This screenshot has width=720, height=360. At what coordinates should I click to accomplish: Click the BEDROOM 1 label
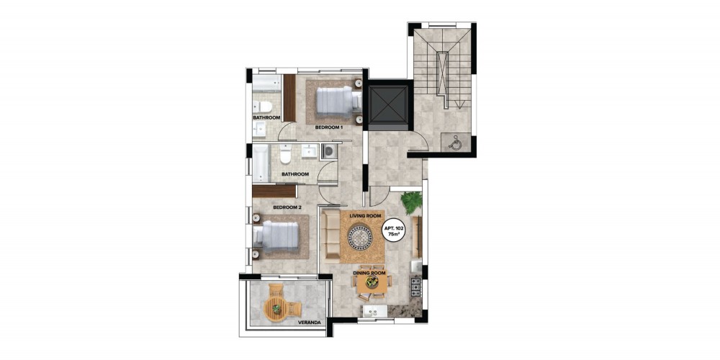tap(329, 127)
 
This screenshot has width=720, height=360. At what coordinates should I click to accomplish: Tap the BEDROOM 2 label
tap(287, 207)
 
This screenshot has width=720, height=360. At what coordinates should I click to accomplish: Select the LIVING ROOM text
tap(366, 215)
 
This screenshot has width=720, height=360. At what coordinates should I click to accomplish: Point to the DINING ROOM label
tap(369, 273)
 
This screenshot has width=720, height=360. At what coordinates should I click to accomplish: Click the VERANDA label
tap(309, 323)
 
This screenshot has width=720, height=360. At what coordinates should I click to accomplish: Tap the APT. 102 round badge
tap(394, 228)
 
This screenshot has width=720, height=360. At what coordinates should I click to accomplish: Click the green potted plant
tap(411, 202)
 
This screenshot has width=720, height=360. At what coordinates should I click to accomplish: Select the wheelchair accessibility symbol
tap(453, 143)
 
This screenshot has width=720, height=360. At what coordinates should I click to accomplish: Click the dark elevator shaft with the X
tap(389, 105)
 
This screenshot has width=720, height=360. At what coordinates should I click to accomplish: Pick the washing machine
tap(329, 151)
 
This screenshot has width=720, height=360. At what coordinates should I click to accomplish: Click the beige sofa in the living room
tap(330, 235)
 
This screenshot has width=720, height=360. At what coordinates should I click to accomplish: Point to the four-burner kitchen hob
tap(415, 286)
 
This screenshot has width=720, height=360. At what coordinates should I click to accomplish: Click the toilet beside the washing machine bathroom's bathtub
tap(285, 154)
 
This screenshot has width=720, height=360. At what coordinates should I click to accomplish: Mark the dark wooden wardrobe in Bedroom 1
tap(289, 98)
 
